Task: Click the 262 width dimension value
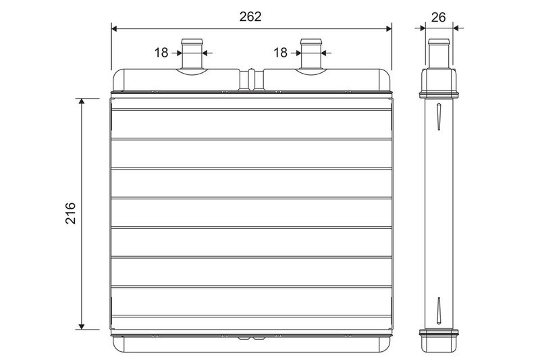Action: point(250,16)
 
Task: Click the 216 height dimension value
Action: point(71,213)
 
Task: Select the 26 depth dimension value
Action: point(438,18)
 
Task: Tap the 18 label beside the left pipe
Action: point(161,53)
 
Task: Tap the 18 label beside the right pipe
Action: point(280,53)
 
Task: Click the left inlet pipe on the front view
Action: point(192,54)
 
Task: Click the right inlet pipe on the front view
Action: point(311,54)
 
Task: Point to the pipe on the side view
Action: point(439,53)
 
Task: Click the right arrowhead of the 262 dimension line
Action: point(389,28)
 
